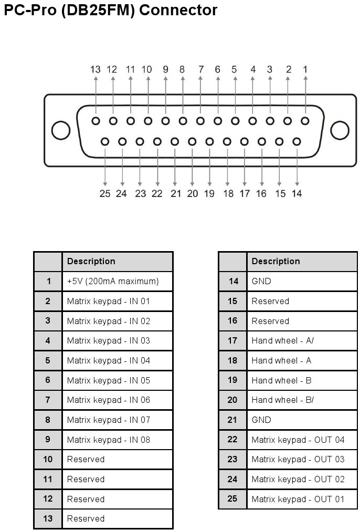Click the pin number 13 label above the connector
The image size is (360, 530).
pos(95,70)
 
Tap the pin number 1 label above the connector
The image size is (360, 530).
pos(305,70)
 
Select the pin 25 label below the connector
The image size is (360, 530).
pos(105,194)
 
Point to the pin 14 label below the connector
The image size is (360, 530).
pos(297,194)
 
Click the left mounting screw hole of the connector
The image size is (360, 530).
pos(61,130)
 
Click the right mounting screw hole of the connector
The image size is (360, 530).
pos(340,130)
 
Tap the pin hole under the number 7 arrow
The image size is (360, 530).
pos(200,121)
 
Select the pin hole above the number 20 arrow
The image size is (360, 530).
pos(192,142)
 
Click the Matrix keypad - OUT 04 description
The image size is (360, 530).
pos(298,440)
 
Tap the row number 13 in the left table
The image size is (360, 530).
pos(48,518)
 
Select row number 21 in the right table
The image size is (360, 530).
pos(232,420)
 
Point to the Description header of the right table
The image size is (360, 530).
pos(276,261)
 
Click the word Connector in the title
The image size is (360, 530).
pos(178,10)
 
